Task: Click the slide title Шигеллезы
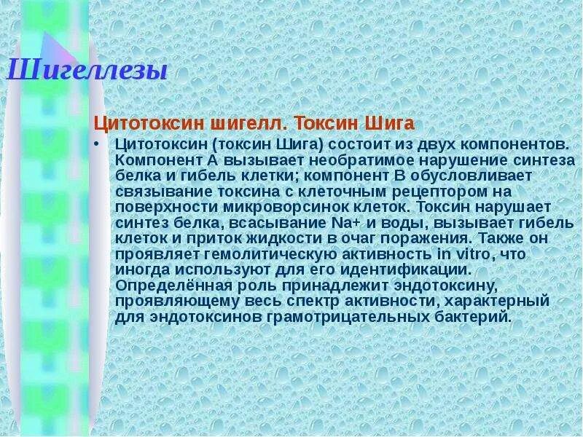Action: coord(87,72)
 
